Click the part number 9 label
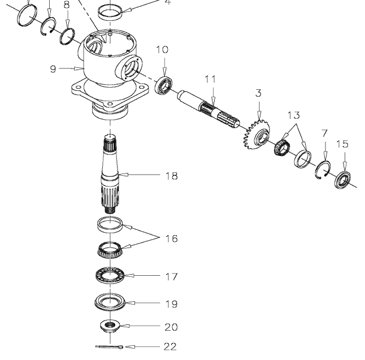pyautogui.click(x=53, y=70)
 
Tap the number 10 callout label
pyautogui.click(x=162, y=50)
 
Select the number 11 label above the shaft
pyautogui.click(x=211, y=80)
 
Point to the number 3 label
pyautogui.click(x=259, y=106)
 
